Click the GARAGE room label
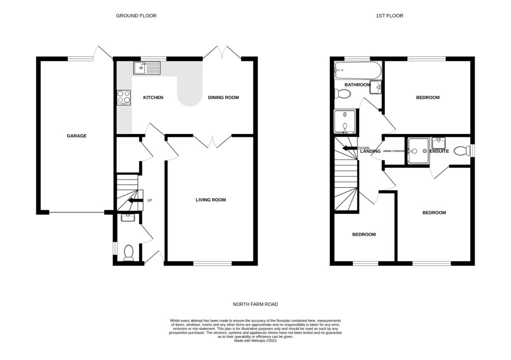pos(77,136)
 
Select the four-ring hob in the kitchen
pos(124,96)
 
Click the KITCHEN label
pos(153,97)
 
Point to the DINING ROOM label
pos(223,97)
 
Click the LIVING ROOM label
pos(210,200)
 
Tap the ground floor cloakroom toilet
pos(128,253)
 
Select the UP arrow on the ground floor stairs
pos(134,201)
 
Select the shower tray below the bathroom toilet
pos(344,121)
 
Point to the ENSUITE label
pos(440,151)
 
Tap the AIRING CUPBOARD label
pos(393,151)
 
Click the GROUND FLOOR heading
pos(136,16)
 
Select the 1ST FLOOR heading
pos(389,16)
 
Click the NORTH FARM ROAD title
pos(255,304)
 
